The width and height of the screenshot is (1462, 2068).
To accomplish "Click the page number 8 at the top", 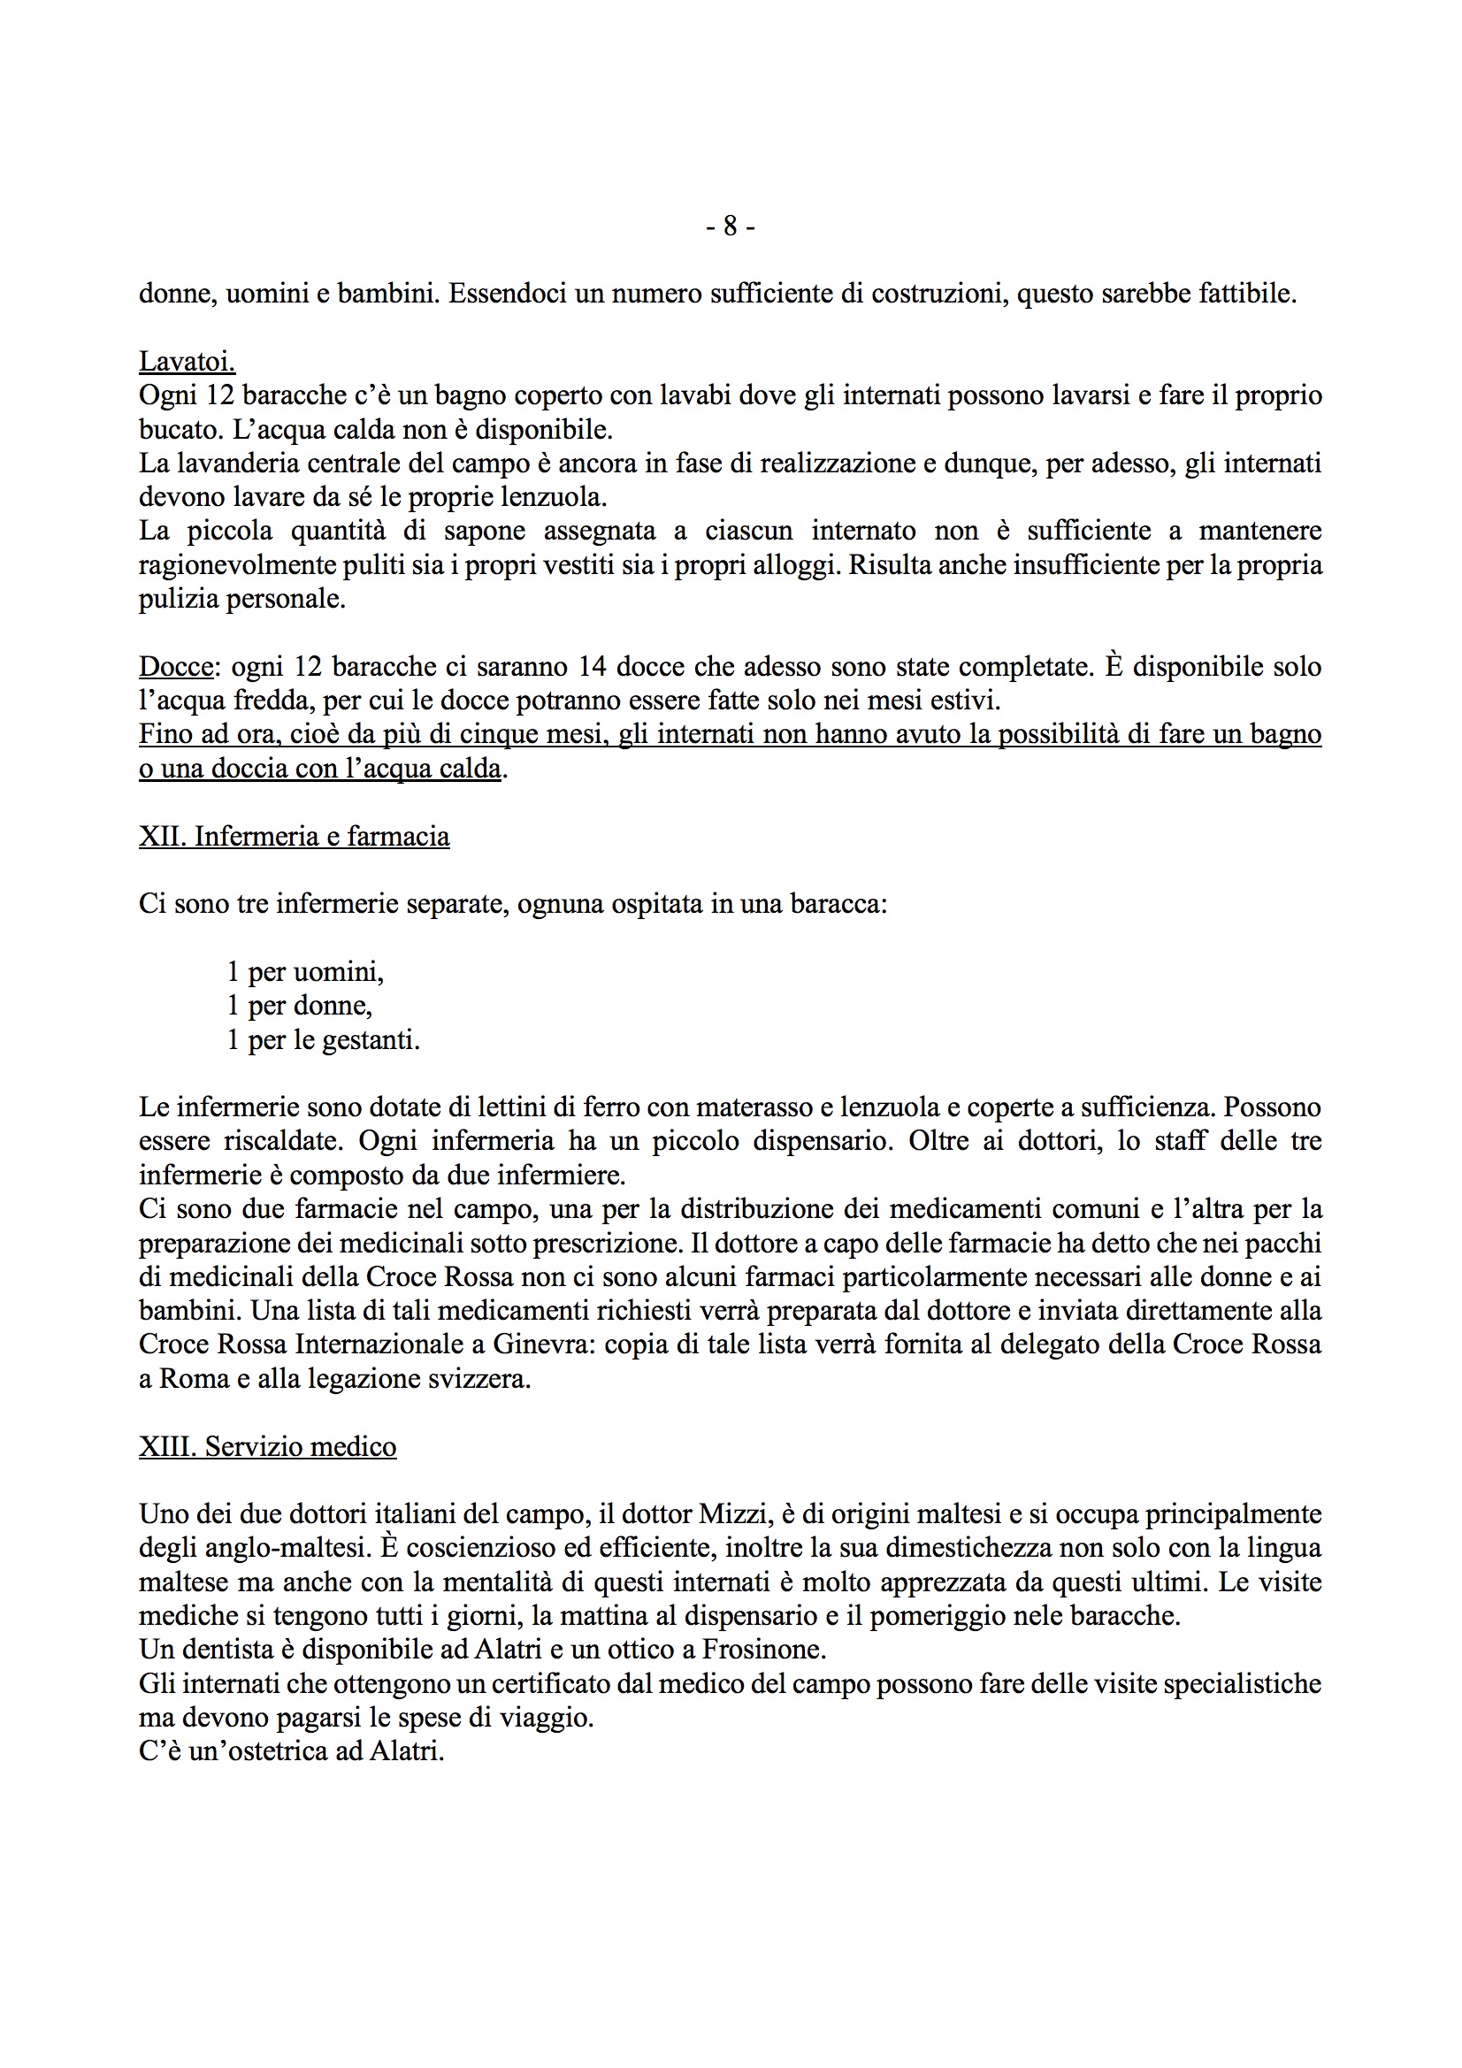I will point(730,226).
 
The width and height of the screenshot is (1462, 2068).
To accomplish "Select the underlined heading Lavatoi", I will point(187,361).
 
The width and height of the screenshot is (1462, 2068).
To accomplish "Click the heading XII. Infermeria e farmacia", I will point(294,837).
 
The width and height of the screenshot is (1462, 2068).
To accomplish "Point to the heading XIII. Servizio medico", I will point(267,1446).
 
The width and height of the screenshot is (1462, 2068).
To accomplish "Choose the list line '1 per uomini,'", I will point(304,972).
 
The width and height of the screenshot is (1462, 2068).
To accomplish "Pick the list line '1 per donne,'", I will point(299,1005).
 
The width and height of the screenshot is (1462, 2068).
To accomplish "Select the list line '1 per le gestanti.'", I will point(323,1040).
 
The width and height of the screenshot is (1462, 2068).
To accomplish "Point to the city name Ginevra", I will point(540,1344).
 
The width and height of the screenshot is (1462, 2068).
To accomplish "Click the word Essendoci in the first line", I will point(507,294).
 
